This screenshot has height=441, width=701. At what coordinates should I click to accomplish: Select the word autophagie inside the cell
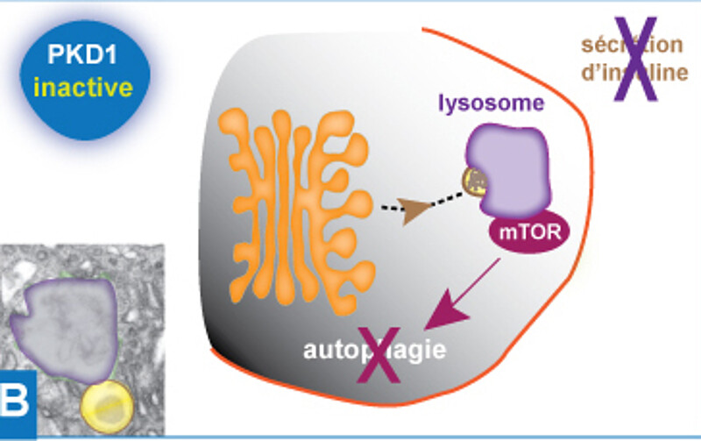point(375,352)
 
